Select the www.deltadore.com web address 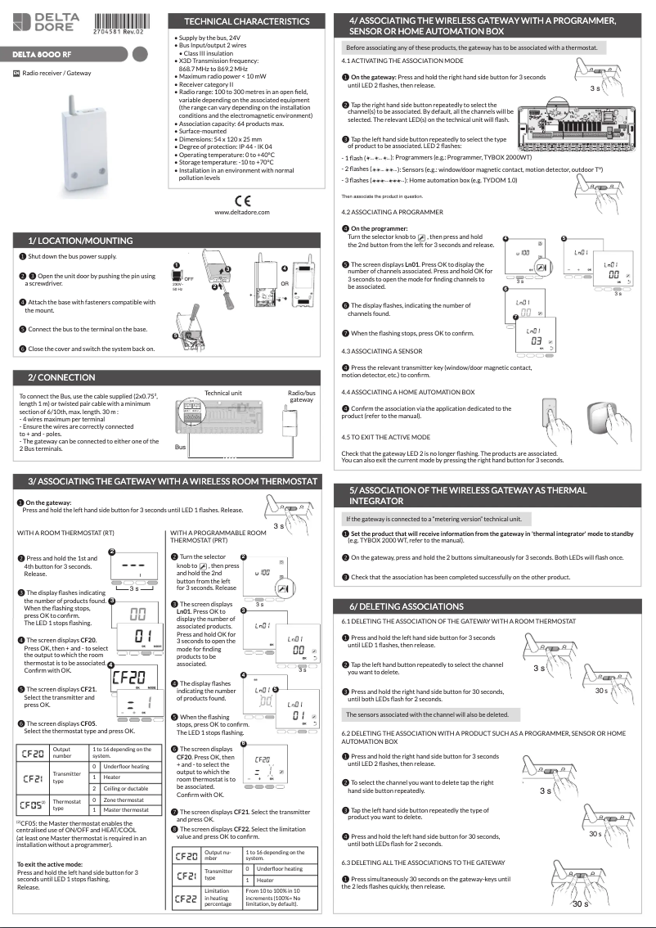click(x=242, y=213)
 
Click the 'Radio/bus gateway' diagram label click(x=301, y=397)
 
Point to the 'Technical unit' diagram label click(x=223, y=393)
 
